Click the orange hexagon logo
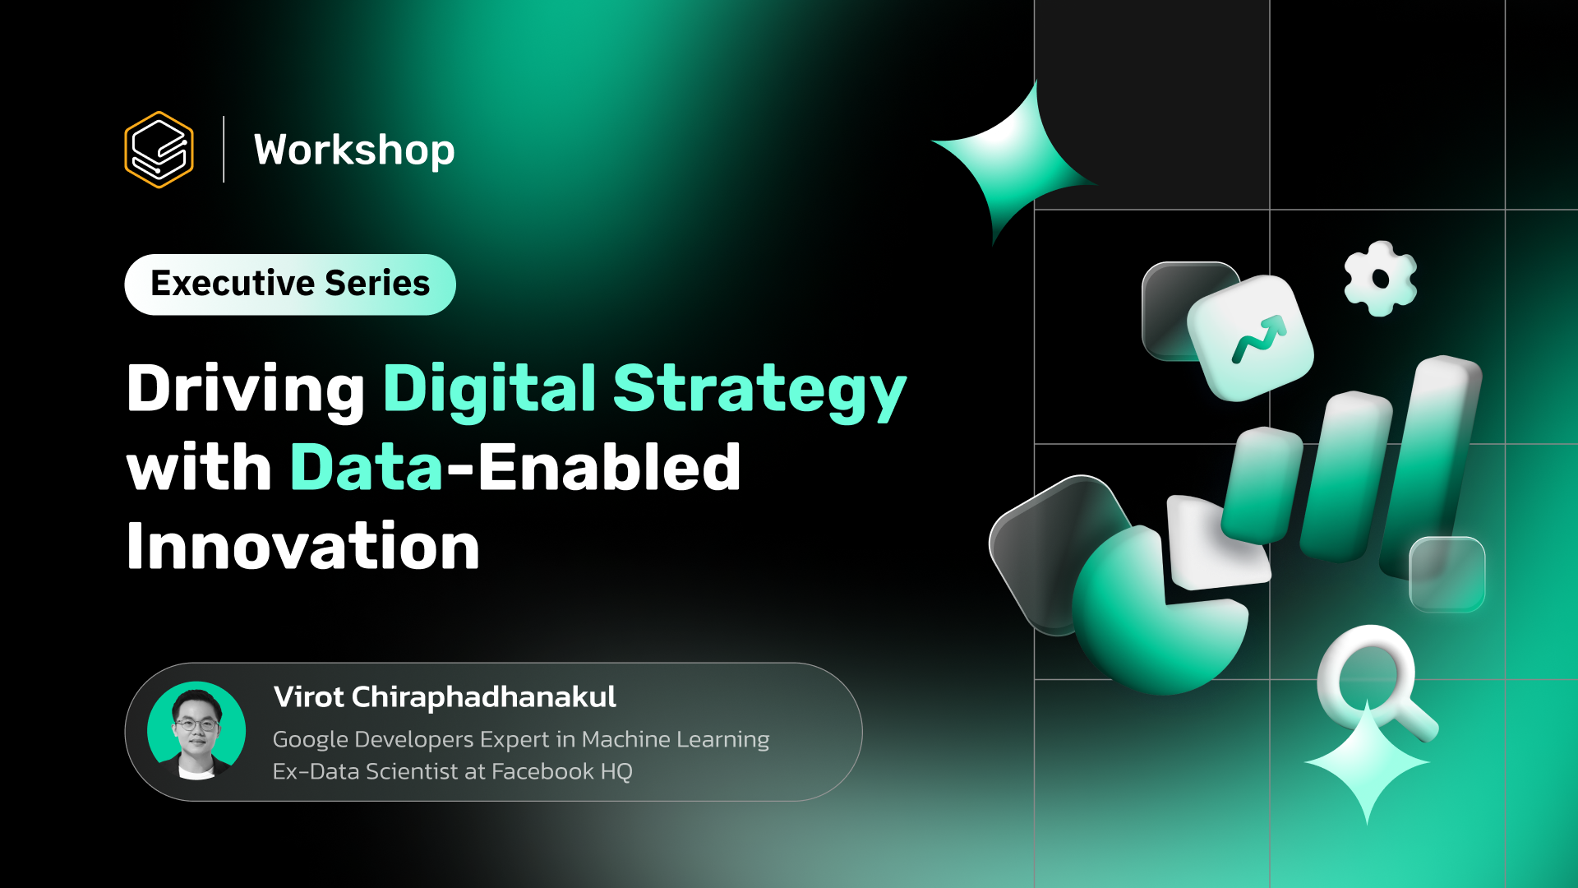[x=159, y=150]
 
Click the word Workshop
[x=354, y=150]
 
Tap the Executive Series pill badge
[x=290, y=284]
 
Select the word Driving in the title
[x=246, y=389]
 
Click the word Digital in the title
[x=490, y=389]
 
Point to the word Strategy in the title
[x=759, y=391]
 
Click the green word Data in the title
[x=367, y=468]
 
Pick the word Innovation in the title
[x=303, y=547]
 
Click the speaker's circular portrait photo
[x=196, y=730]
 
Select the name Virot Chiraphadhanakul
[x=445, y=697]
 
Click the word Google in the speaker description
[x=310, y=740]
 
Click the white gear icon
[x=1381, y=279]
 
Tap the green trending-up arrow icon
[x=1257, y=338]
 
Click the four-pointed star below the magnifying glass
[x=1367, y=765]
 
